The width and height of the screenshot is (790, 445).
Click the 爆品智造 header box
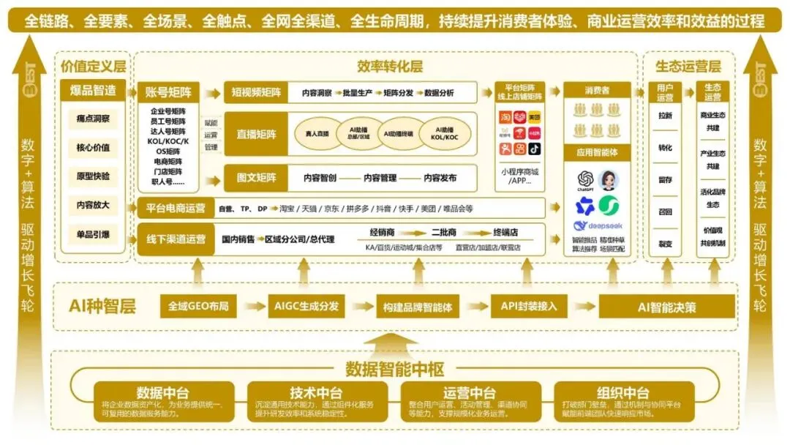[94, 91]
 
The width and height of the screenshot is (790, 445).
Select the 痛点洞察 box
[94, 119]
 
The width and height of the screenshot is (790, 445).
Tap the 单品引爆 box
[94, 233]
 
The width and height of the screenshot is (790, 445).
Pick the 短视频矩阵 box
[256, 92]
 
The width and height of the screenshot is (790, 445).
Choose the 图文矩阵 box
[256, 177]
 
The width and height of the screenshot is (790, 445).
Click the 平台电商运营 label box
[175, 208]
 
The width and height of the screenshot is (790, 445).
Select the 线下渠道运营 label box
[176, 239]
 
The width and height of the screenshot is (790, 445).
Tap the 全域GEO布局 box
[198, 306]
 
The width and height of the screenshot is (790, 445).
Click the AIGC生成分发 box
[307, 306]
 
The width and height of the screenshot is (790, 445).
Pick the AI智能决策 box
[656, 307]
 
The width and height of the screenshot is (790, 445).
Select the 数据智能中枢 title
[395, 369]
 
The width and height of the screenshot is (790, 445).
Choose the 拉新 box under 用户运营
[665, 116]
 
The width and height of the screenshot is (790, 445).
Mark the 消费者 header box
[596, 91]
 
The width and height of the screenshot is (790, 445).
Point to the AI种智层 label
[102, 306]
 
